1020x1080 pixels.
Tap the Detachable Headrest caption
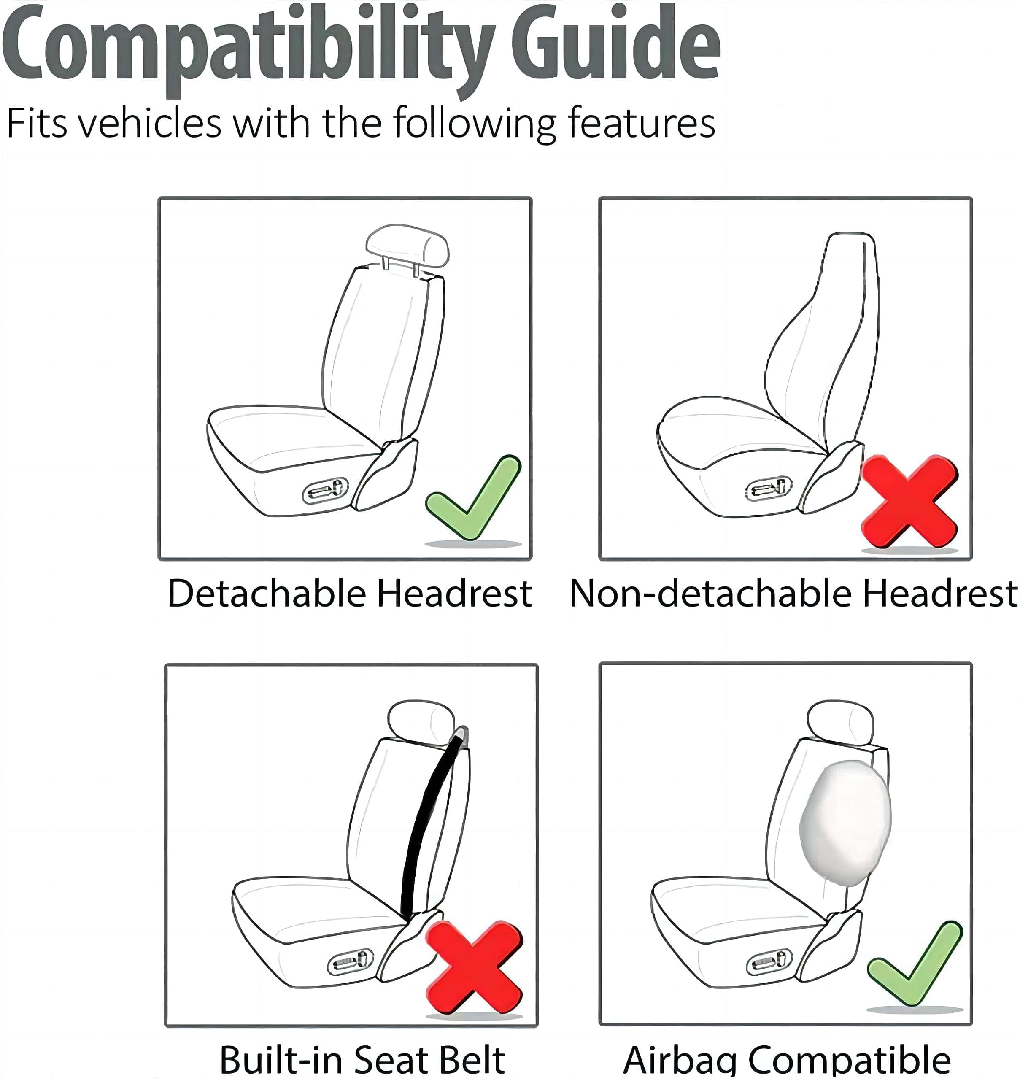(350, 593)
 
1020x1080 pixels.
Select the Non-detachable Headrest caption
(793, 593)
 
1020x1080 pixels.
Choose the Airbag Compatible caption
(787, 1061)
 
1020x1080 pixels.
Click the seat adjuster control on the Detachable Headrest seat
(326, 491)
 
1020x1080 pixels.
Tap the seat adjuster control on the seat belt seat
(350, 961)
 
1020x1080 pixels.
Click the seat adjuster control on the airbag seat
(769, 961)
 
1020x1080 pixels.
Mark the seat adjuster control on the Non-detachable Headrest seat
(768, 488)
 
